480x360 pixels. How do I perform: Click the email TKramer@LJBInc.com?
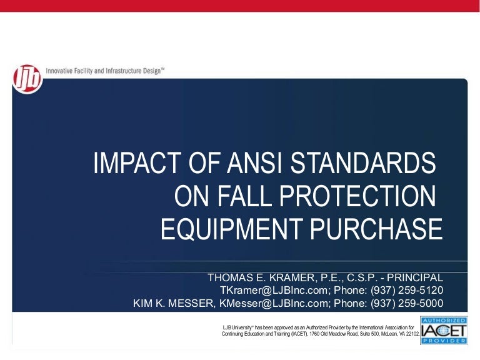click(266, 291)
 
